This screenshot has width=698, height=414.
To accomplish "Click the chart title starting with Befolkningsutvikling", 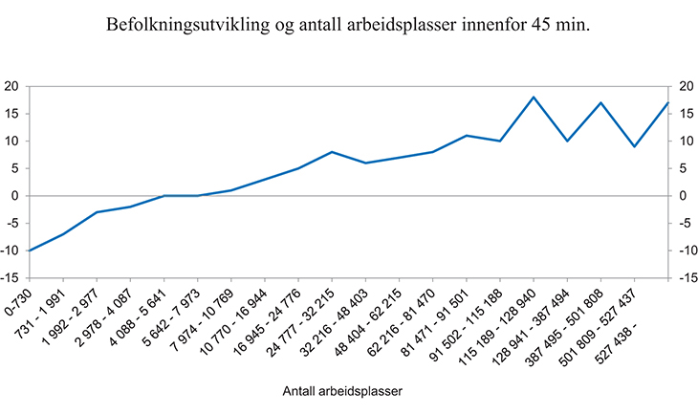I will point(349,27).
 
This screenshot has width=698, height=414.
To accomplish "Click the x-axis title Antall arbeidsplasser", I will point(341,392).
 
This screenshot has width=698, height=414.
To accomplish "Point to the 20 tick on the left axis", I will point(12,86).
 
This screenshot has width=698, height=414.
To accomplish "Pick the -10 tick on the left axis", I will point(11,251).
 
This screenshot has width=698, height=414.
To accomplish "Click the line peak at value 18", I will point(533,98).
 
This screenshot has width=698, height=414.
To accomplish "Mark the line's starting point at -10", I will point(30,251).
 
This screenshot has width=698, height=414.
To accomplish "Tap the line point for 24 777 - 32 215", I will point(331,152).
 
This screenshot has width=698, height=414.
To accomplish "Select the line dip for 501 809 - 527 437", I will point(634,146).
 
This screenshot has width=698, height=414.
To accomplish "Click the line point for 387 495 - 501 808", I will point(600,102).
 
